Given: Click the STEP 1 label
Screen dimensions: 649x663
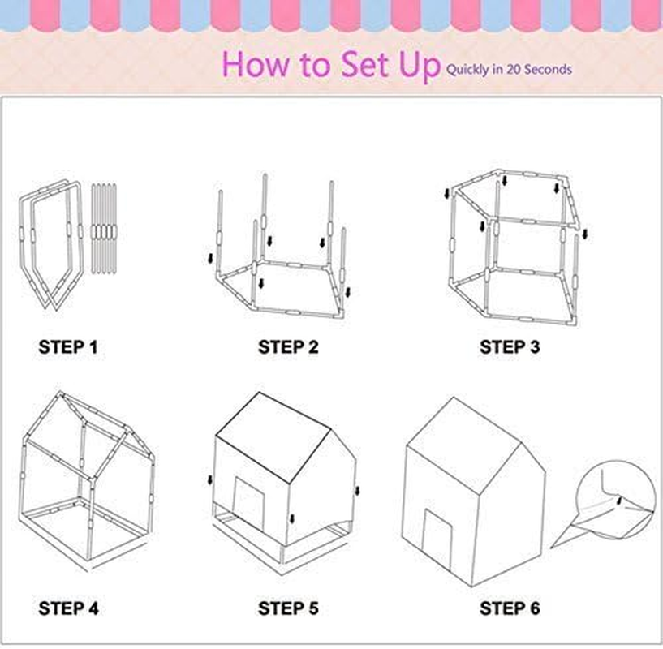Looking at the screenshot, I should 68,347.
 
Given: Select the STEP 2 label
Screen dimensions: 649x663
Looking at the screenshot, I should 288,347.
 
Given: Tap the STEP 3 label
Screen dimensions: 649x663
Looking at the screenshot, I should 509,347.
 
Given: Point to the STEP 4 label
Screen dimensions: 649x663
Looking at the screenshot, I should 68,607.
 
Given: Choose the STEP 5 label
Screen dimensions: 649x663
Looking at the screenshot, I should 288,607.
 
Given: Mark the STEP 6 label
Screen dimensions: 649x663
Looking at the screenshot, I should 509,607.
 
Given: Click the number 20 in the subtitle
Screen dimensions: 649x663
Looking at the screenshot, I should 513,70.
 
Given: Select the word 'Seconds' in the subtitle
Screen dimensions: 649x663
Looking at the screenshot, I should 547,70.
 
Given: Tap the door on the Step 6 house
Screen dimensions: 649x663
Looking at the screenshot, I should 438,539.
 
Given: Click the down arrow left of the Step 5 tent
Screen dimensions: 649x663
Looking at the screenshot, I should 210,479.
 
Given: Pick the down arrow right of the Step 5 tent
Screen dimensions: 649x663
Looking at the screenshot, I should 356,489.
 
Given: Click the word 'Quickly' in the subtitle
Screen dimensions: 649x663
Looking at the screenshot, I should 467,70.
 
